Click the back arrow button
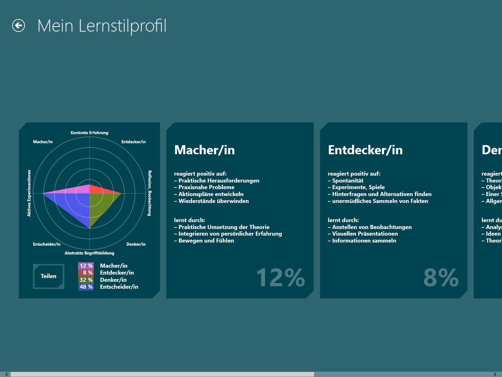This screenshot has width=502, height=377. click(19, 25)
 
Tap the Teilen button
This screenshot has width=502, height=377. click(49, 276)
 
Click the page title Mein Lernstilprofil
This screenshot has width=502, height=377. click(102, 25)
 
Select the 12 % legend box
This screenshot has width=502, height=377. click(86, 266)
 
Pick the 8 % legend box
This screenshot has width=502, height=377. click(86, 273)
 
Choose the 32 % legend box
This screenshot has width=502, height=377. click(86, 280)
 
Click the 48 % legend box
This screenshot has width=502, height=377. click(86, 287)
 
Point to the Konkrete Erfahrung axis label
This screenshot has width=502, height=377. click(89, 133)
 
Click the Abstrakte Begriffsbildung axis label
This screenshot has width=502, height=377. click(89, 253)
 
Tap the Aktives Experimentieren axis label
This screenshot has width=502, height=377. click(29, 193)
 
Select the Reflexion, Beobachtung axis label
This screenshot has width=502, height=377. click(150, 193)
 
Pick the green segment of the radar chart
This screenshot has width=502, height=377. click(100, 204)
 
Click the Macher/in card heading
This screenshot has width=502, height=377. click(205, 150)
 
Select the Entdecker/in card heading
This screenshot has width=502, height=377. click(365, 150)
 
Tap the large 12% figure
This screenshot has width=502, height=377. click(280, 278)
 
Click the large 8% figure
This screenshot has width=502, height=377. click(441, 278)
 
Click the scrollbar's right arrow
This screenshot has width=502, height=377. click(495, 374)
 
